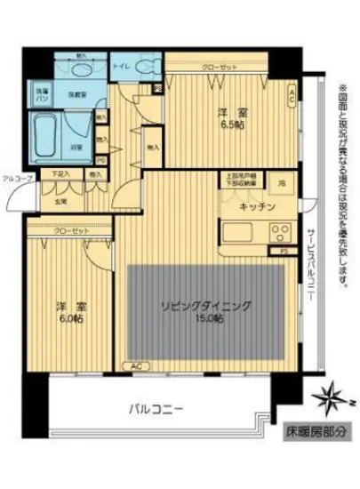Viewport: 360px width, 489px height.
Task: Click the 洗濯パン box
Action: pyautogui.click(x=43, y=92)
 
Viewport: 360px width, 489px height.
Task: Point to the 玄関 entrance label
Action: pyautogui.click(x=60, y=201)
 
